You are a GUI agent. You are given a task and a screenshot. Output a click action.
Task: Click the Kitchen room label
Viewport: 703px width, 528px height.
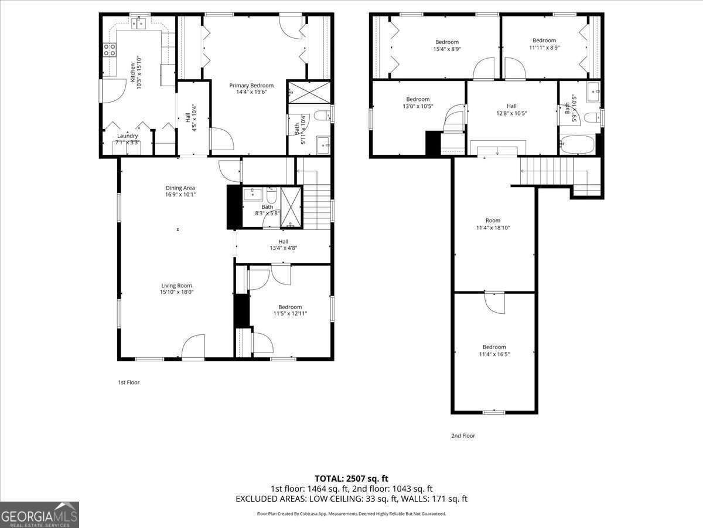[x=132, y=72]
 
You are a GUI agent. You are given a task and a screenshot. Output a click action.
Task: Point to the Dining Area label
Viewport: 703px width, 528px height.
[x=180, y=188]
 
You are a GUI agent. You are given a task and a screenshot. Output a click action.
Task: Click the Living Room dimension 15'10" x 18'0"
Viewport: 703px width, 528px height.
[x=177, y=292]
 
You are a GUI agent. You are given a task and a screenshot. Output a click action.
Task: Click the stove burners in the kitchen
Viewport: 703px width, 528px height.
[x=109, y=50]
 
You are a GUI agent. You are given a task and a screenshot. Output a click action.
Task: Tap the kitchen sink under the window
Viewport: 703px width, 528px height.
[x=139, y=23]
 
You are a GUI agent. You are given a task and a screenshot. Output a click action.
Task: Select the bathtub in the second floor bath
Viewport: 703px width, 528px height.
[x=577, y=145]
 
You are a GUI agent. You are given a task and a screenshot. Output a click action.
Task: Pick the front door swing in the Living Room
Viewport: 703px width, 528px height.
[x=193, y=347]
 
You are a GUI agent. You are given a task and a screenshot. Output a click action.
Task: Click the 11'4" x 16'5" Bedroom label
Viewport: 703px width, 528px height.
[x=494, y=350]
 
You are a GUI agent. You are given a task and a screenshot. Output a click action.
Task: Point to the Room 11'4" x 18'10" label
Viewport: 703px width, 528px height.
[x=494, y=224]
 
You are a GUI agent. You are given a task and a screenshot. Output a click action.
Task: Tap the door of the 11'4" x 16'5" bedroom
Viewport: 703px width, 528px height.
[x=494, y=303]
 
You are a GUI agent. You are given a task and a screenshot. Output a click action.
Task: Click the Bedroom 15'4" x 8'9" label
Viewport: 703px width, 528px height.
[x=447, y=45]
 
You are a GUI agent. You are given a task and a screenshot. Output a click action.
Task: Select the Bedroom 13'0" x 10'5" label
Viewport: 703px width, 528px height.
[x=418, y=103]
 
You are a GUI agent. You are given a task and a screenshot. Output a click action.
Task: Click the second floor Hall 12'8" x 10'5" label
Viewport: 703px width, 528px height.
[x=511, y=110]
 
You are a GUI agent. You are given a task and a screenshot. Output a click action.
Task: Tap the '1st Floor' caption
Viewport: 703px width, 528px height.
[x=129, y=383]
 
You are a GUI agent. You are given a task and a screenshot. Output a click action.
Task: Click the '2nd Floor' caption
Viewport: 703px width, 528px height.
[x=463, y=436]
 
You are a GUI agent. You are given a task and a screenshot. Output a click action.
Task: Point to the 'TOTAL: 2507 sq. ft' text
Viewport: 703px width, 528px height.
[x=351, y=479]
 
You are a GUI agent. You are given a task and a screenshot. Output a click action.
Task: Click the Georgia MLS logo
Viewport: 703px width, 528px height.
[x=39, y=515]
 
